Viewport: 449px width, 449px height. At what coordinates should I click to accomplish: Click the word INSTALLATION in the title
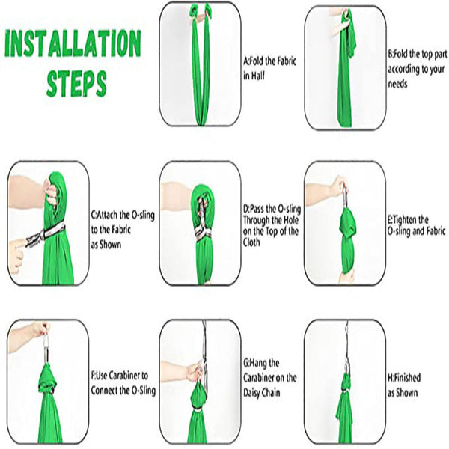73,43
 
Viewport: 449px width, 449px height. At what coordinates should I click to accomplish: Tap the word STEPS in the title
76,83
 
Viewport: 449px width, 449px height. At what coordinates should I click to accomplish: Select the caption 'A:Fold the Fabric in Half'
269,68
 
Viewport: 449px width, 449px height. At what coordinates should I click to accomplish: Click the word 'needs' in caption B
397,84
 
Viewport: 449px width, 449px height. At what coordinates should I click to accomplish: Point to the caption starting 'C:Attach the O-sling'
123,230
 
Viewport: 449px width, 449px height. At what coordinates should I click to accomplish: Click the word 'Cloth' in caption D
251,242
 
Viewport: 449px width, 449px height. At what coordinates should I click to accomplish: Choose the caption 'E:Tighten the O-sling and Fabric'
417,226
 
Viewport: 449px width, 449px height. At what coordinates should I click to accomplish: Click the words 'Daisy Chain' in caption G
262,393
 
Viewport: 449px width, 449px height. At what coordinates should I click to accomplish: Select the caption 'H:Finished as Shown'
404,385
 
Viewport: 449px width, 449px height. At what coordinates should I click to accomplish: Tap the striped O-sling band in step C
46,235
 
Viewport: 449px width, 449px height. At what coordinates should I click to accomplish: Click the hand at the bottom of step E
346,275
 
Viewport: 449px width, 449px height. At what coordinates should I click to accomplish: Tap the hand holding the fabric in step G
195,371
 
